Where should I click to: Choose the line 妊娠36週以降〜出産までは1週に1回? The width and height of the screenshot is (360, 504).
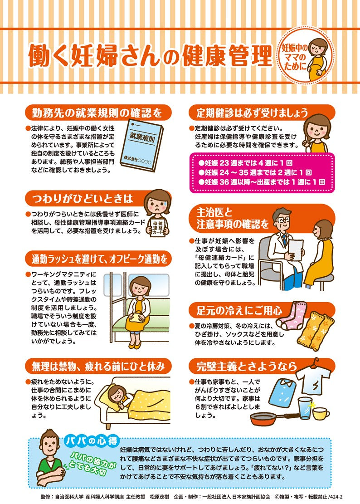(262, 182)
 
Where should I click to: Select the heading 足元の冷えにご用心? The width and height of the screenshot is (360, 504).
(239, 311)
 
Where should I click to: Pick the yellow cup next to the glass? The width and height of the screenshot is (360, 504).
(321, 413)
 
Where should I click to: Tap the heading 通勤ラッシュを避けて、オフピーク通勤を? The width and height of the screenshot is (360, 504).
(99, 259)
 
